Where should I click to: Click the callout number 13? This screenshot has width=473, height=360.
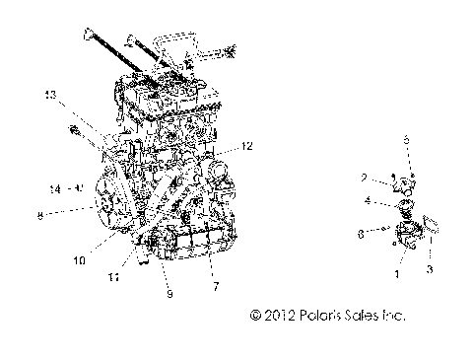[49, 94]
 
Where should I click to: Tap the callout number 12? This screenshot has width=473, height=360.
[247, 145]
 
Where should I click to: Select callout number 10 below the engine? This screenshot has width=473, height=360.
[105, 260]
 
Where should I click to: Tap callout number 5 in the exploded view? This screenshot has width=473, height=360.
[404, 139]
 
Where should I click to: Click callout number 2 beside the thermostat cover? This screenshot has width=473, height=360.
[364, 178]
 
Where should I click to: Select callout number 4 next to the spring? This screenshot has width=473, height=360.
[368, 201]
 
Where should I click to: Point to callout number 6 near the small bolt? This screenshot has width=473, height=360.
[363, 235]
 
